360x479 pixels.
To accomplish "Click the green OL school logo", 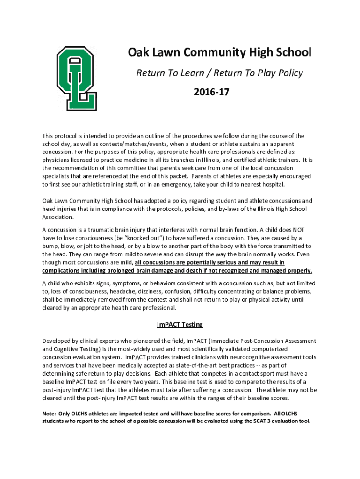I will (x=77, y=78).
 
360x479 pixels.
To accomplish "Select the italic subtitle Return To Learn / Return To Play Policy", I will (x=219, y=73).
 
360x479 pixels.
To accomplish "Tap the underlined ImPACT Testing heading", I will (x=180, y=324).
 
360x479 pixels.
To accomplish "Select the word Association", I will (x=58, y=217).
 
